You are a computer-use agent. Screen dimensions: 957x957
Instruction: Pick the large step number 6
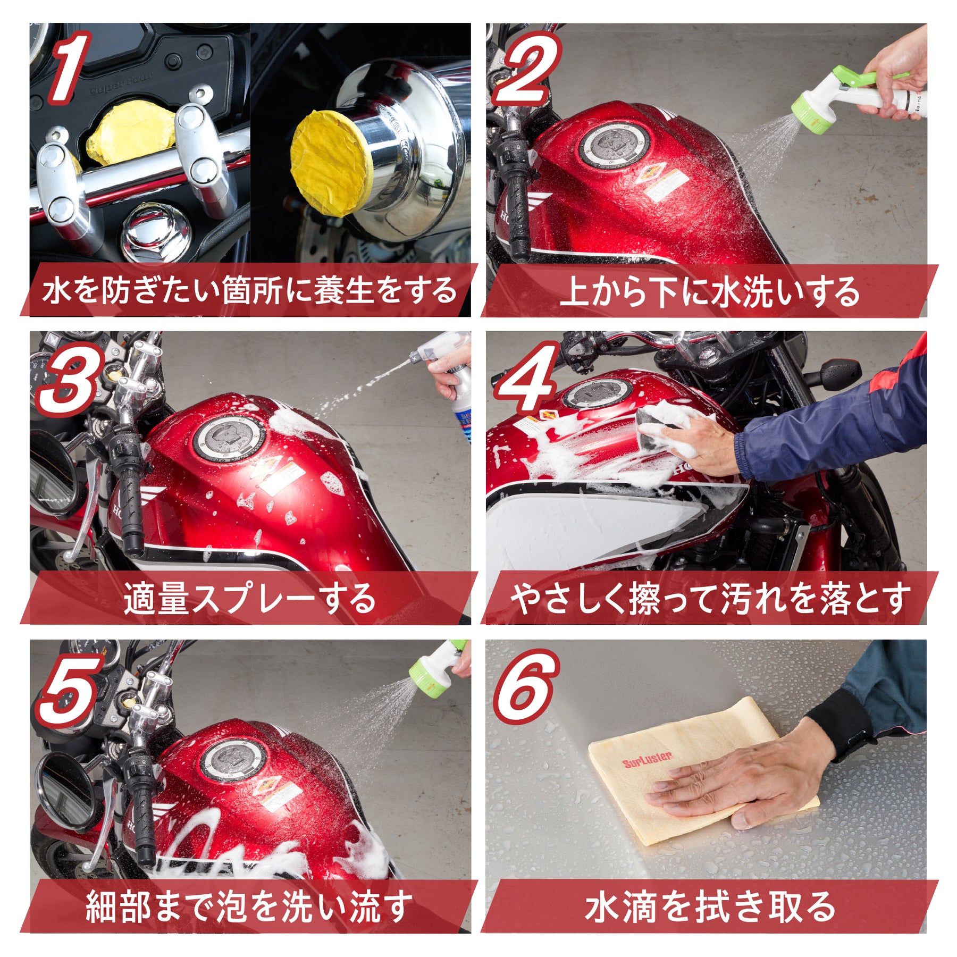pyautogui.click(x=525, y=686)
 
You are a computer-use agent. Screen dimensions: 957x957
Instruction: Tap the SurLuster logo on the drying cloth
pyautogui.click(x=647, y=761)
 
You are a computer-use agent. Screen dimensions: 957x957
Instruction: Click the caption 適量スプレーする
pyautogui.click(x=250, y=599)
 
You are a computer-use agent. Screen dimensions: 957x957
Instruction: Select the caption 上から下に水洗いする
pyautogui.click(x=710, y=291)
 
